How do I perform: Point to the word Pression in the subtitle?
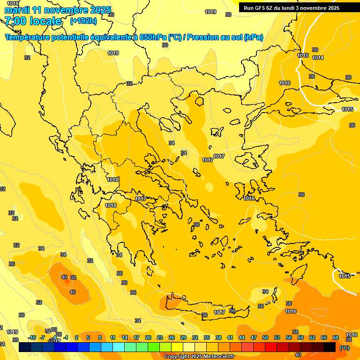coord(202,37)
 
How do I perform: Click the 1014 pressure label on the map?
coord(318,58)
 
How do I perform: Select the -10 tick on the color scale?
coord(32,337)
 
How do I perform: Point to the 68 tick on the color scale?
coord(336,337)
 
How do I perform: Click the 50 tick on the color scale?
coord(265,337)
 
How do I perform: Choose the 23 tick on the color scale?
coord(160,337)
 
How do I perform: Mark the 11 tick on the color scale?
coord(113,337)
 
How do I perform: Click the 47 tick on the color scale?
coord(254,337)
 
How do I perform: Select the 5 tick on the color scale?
coord(88,337)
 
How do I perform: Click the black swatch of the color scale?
coord(330,347)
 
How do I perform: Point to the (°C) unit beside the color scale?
coord(344,348)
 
